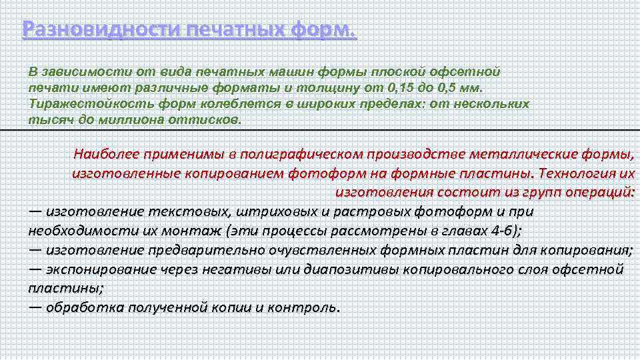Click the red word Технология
point(577,173)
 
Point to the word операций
point(599,193)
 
